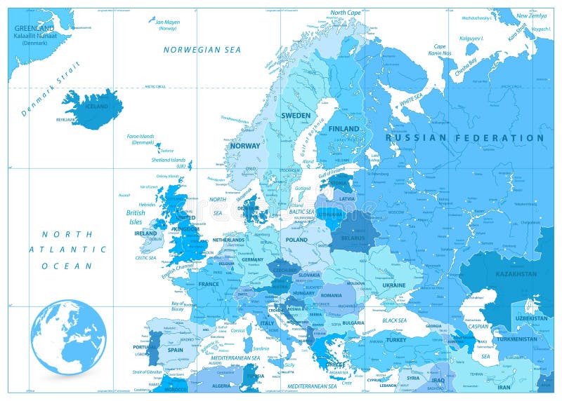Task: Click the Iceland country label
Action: pos(96,107)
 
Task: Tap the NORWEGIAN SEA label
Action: pos(202,50)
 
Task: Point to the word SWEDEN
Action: pos(296,115)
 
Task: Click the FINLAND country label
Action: pos(344,129)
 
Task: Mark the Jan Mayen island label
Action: pos(168,22)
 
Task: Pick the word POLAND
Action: pos(296,239)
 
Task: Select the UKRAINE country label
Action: pos(393,285)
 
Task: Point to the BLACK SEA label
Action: pos(394,320)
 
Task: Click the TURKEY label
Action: pos(396,340)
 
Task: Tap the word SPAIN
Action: pos(175,350)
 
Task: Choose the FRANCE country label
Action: pos(209,284)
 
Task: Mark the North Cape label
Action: pos(346,13)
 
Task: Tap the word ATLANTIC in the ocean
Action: pos(68,249)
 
